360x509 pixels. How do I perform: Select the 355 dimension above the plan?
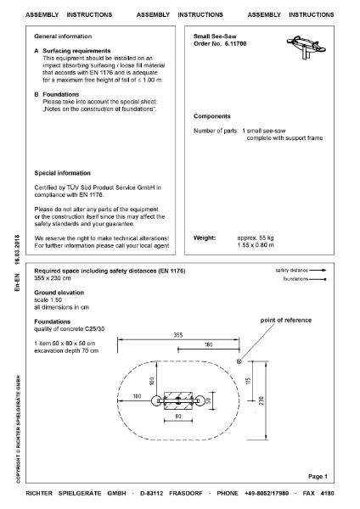click(178, 334)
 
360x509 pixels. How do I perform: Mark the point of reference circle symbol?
click(240, 361)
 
